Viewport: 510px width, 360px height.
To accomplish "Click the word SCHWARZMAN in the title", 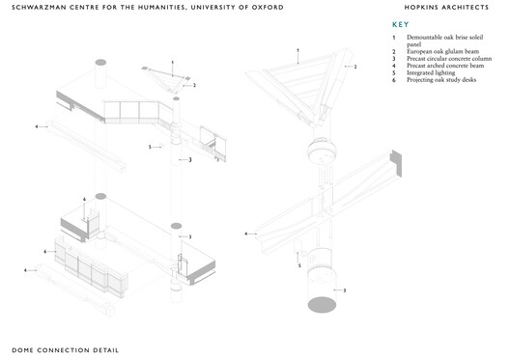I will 41,8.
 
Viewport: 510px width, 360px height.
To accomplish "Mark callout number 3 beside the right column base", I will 344,290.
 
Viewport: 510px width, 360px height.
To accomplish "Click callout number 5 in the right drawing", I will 298,264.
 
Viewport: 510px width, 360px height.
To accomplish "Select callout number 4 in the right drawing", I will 245,234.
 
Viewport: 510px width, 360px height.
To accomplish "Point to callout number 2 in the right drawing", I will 355,68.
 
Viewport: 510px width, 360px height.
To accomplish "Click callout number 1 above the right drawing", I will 297,49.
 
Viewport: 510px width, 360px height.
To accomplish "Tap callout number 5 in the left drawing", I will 150,147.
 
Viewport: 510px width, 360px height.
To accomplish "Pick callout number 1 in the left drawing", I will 173,63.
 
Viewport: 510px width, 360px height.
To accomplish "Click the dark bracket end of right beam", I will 395,157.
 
